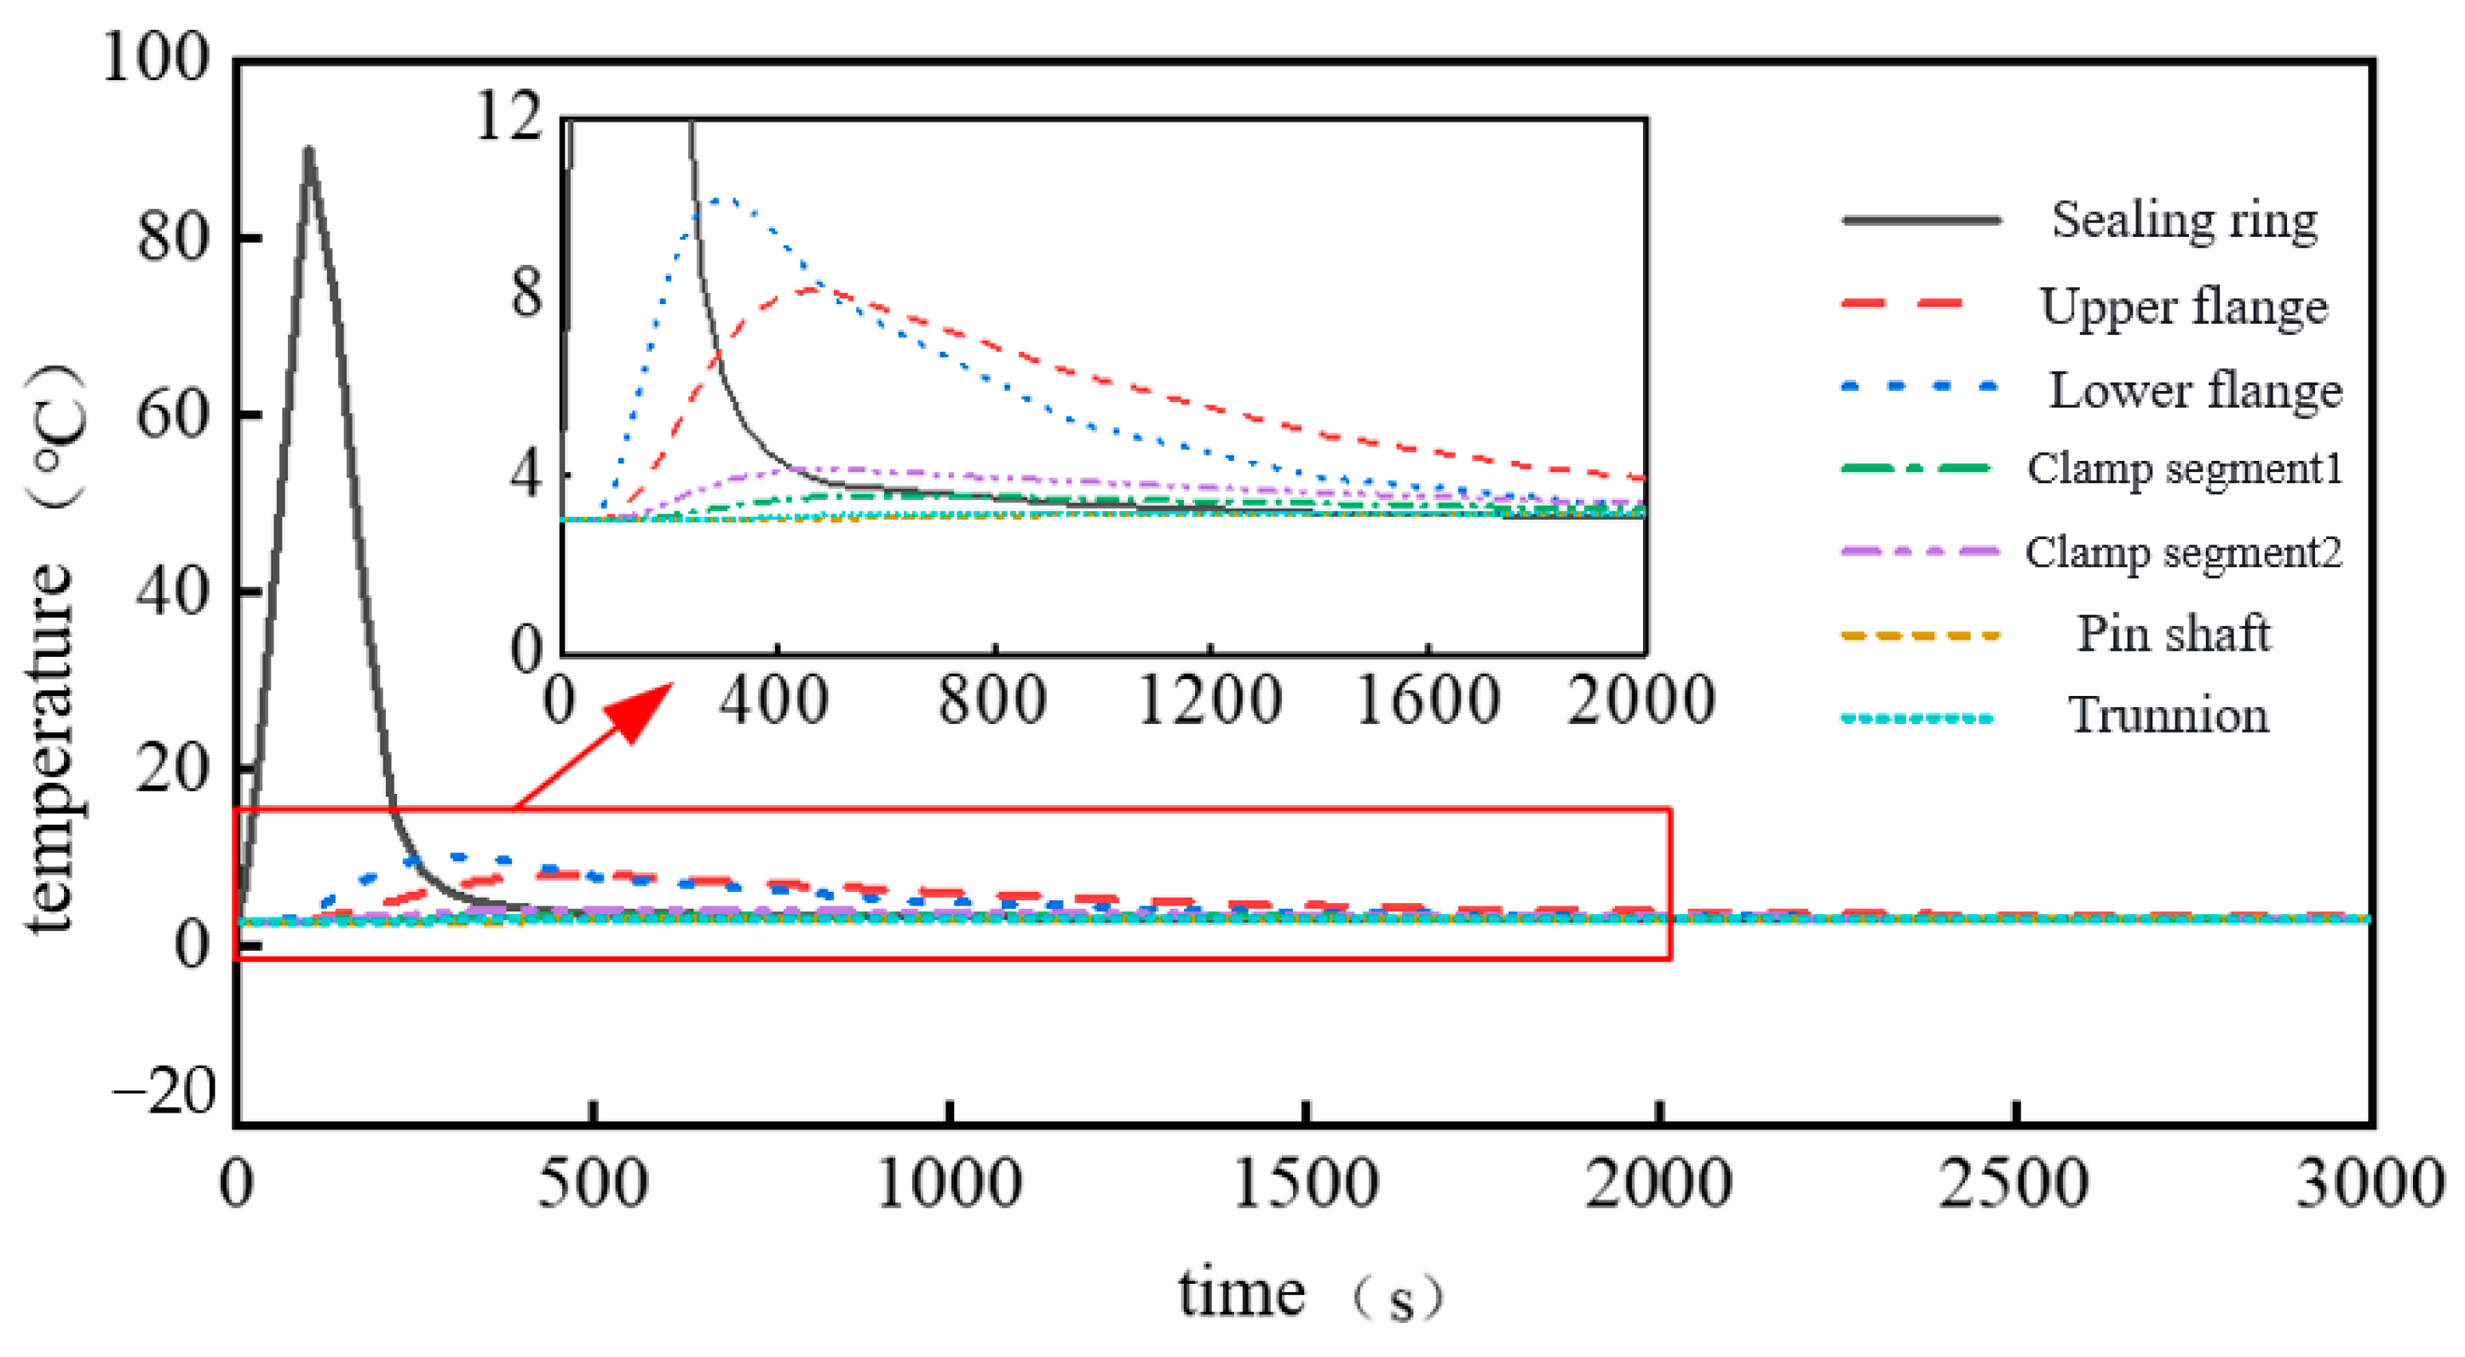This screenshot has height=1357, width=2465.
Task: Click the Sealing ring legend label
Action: (x=2184, y=221)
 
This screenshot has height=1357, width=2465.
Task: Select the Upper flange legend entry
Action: (x=2184, y=306)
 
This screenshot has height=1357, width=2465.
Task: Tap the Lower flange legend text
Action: (x=2194, y=390)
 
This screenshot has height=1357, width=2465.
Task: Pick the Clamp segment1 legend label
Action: (x=2185, y=469)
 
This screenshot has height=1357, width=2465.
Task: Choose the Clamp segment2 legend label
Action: (x=2184, y=552)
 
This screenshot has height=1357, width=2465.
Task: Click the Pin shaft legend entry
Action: (x=2173, y=634)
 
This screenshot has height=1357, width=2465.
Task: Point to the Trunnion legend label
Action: (x=2169, y=716)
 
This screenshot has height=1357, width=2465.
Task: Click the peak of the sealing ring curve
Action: (x=308, y=150)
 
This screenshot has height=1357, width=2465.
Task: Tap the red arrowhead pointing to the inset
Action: (x=643, y=708)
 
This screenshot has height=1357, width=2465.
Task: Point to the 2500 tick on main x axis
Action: (x=2014, y=1185)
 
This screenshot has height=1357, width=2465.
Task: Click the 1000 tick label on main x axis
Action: (x=949, y=1185)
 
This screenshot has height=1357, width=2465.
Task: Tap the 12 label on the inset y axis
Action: (x=509, y=118)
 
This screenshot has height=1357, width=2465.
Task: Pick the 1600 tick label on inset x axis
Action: (x=1427, y=700)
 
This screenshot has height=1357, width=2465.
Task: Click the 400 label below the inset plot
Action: (x=773, y=700)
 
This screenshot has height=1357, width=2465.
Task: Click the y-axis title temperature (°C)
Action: (x=53, y=651)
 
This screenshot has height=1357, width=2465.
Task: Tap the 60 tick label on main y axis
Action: (x=172, y=416)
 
